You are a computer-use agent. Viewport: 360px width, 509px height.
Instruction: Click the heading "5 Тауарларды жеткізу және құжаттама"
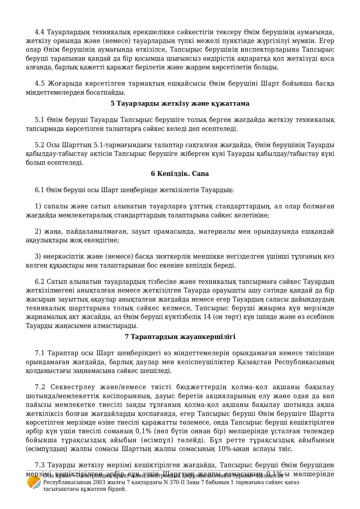tap(180, 104)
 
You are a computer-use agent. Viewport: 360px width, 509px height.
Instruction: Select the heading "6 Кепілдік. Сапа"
tap(180, 174)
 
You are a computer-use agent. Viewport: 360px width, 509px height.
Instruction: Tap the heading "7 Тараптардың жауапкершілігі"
tap(180, 337)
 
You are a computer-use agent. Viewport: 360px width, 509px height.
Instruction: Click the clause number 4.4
tap(40, 32)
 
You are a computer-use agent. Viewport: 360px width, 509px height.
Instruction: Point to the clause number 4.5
tap(40, 84)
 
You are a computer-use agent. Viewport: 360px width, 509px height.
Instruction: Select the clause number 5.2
tap(40, 145)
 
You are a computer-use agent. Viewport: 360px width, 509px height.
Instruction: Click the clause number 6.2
tap(40, 282)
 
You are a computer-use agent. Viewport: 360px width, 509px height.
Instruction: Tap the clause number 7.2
tap(40, 387)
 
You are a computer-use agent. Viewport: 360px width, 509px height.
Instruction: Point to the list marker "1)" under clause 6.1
tap(38, 206)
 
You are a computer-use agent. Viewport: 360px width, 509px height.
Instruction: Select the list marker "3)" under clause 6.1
tap(38, 257)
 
